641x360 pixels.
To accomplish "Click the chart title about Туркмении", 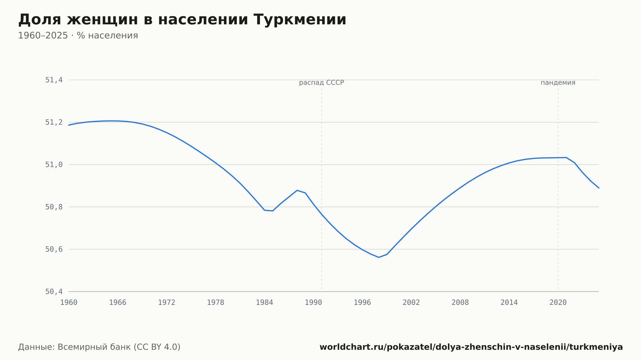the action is pos(182,20).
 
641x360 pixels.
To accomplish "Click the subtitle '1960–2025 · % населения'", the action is pos(78,36).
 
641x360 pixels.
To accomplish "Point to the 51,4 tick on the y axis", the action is pos(54,80).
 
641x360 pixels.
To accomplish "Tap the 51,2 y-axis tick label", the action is pos(54,122).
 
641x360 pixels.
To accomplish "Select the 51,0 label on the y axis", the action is pos(54,165).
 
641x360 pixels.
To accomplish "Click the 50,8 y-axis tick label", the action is pos(54,207).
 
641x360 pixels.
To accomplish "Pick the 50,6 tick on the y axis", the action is pos(54,249).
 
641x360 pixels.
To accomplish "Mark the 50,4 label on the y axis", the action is pos(54,291).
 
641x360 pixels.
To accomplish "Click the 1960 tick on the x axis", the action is pos(69,303).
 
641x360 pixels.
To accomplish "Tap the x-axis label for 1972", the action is pos(167,303).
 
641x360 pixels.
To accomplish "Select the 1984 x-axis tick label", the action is pos(264,303).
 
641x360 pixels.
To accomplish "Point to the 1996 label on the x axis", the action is pos(362,303).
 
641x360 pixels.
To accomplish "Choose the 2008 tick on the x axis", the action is pos(460,303).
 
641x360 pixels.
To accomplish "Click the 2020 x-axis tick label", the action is pos(558,303).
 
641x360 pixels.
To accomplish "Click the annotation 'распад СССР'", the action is pos(321,83).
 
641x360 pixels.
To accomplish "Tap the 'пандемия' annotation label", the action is pos(558,83).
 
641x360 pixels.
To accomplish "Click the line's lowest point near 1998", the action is pos(379,257).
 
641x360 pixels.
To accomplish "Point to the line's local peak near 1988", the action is pos(297,190).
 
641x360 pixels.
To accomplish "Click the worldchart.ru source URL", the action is pos(471,347).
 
